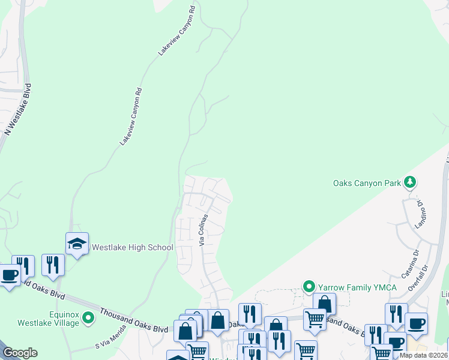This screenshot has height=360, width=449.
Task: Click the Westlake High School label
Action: [131, 247]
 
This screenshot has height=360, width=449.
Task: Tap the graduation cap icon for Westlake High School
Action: [77, 243]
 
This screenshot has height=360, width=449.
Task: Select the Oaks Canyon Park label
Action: [366, 183]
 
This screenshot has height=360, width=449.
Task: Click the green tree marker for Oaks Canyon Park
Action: [410, 181]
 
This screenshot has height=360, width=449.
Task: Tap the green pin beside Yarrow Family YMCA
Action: [309, 286]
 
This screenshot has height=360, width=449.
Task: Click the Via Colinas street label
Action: [204, 230]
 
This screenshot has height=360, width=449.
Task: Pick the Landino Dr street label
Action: [420, 215]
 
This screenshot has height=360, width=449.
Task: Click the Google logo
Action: [20, 353]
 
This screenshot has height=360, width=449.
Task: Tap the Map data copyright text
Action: [423, 355]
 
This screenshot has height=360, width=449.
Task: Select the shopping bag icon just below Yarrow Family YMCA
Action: [324, 304]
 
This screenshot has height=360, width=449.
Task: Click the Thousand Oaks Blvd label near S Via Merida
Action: [134, 320]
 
